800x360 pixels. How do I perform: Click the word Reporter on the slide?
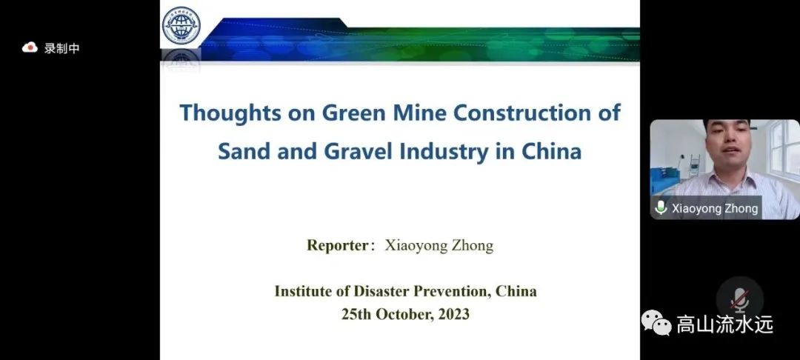coord(337,245)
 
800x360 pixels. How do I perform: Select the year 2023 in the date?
coord(453,313)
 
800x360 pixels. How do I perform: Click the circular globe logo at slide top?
coord(181,25)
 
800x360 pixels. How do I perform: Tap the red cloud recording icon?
coord(30,47)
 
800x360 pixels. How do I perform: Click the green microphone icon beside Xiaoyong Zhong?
coord(661,207)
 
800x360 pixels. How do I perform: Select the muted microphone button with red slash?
coord(739,300)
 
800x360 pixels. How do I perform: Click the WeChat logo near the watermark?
coord(656,323)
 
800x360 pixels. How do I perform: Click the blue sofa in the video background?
coord(665,179)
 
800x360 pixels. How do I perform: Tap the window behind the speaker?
coord(784,149)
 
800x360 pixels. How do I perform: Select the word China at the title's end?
coord(552,152)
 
